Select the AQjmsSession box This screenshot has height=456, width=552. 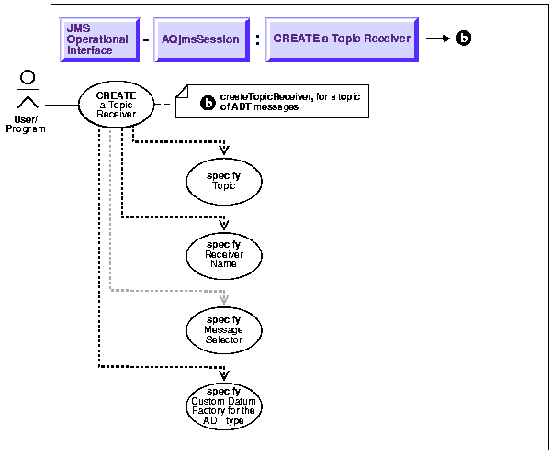[x=195, y=39]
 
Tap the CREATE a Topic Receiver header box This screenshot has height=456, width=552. [x=342, y=39]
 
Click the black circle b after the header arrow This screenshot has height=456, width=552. [x=464, y=39]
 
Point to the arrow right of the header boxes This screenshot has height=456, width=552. [x=437, y=39]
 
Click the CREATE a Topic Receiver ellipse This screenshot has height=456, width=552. [x=116, y=105]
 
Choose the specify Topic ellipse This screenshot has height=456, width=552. [x=224, y=181]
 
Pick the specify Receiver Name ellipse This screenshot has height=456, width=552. [x=224, y=254]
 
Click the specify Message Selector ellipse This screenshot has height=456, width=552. [x=224, y=329]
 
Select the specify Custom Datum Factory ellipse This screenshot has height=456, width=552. [x=224, y=405]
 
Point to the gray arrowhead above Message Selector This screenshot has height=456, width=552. [x=224, y=296]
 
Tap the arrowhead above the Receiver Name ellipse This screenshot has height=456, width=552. [x=224, y=221]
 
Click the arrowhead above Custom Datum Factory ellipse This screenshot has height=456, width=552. [x=224, y=372]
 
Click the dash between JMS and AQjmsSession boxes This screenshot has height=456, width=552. [x=145, y=39]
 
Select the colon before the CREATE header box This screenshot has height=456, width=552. [x=256, y=39]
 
